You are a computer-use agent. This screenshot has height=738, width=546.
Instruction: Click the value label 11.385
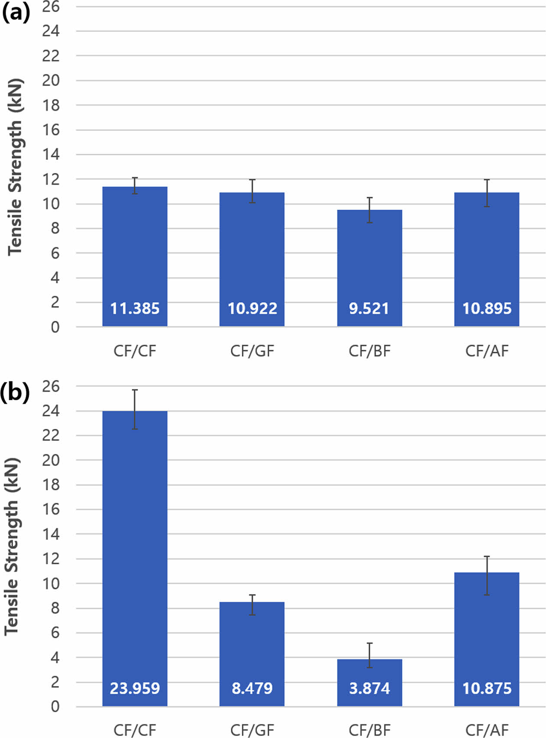pos(135,308)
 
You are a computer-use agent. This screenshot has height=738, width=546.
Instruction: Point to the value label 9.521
pos(369,308)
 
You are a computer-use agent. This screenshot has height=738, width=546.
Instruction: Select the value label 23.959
pos(135,688)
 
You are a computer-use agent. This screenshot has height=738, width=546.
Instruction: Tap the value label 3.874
pos(370,688)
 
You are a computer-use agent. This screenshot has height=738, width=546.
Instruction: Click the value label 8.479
pos(252,688)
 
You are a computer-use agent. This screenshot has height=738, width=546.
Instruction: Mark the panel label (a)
pos(16,13)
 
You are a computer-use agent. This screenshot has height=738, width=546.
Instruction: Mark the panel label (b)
pos(16,393)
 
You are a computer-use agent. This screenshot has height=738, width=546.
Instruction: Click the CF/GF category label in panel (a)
pos(252,351)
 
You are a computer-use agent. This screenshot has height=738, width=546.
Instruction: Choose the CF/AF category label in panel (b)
pos(487,730)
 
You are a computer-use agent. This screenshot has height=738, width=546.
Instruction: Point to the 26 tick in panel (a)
pos(51,6)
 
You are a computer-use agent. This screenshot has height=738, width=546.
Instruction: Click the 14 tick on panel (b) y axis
pos(51,534)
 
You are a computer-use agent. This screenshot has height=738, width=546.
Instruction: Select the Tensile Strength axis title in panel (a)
pos(15,167)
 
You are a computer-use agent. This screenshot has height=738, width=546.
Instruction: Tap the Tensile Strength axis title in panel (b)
pos(12,547)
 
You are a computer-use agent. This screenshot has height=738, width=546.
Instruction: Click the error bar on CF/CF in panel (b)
pos(135,409)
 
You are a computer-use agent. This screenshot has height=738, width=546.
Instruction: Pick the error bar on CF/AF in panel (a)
pos(487,193)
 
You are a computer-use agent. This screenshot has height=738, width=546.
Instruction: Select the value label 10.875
pos(487,688)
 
